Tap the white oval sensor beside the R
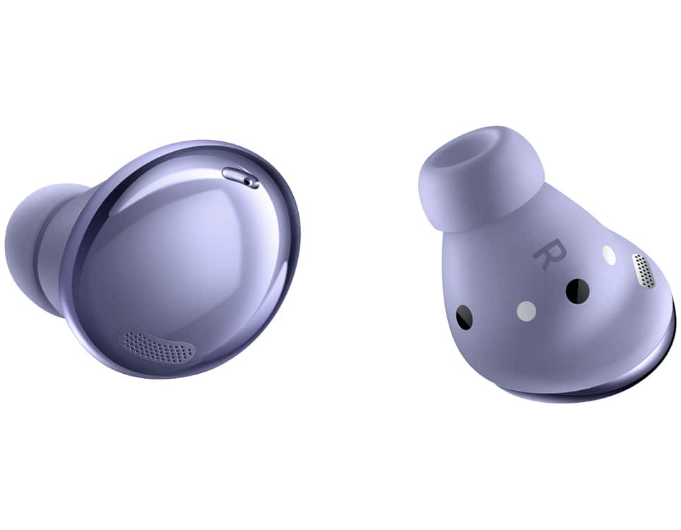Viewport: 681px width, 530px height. pos(610,256)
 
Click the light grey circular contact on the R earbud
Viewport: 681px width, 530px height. pos(526,311)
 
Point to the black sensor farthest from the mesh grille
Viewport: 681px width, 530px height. pos(465,317)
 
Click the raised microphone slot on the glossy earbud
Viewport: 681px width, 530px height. pos(241,177)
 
